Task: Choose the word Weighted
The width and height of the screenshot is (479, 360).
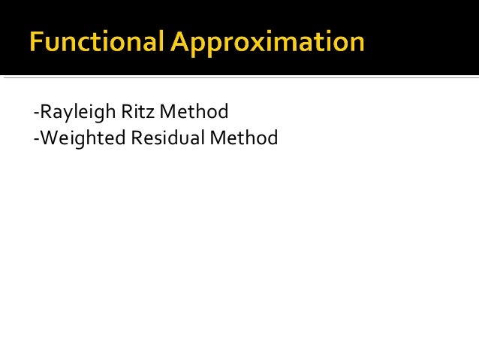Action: click(80, 138)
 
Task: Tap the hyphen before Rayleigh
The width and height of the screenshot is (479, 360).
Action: click(36, 114)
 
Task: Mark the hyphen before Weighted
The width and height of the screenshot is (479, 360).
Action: click(36, 140)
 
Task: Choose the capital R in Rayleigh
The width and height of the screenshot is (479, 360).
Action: click(45, 113)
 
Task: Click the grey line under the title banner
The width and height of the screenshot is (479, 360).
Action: click(239, 77)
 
